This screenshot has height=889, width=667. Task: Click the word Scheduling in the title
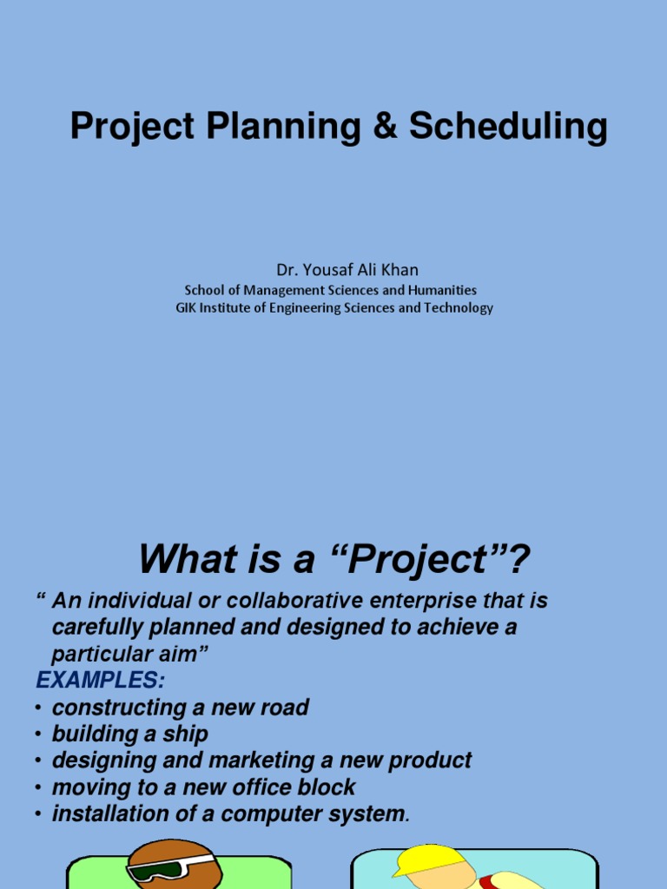[x=508, y=128]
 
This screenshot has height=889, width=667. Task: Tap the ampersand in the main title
[x=384, y=128]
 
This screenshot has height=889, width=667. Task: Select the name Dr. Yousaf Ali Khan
[x=334, y=270]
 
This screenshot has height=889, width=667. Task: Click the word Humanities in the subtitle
[x=439, y=290]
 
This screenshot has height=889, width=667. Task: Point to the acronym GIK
[x=186, y=308]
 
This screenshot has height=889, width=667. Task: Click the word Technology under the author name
[x=458, y=308]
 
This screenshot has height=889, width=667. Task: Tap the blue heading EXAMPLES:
[x=100, y=679]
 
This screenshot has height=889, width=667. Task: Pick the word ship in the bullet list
[x=187, y=734]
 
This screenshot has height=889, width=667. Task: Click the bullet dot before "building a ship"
[x=38, y=734]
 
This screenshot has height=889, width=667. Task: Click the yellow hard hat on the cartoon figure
[x=432, y=859]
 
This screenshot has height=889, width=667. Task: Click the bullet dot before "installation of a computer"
[x=38, y=814]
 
